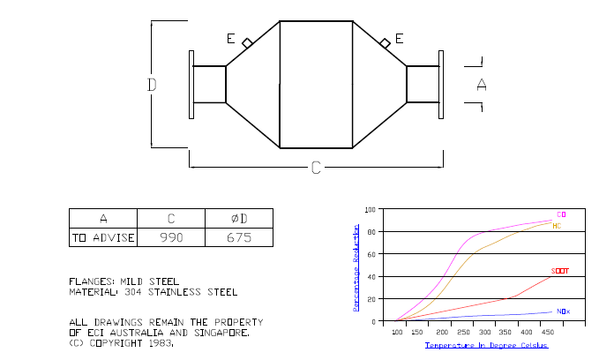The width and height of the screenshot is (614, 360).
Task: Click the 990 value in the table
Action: (171, 237)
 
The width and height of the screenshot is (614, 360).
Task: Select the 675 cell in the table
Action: (239, 237)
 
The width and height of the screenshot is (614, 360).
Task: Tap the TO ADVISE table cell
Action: (103, 237)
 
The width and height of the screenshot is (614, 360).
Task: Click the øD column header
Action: (239, 218)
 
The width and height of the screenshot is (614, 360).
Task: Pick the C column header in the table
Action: (171, 218)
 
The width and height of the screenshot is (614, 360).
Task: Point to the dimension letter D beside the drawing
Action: (152, 85)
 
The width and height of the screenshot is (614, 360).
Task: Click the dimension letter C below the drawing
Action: (316, 168)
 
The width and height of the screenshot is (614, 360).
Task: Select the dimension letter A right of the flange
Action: (482, 85)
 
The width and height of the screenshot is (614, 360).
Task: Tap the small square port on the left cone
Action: (247, 43)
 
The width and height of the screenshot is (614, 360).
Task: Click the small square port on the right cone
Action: (386, 43)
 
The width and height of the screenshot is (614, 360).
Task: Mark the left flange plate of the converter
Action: (191, 85)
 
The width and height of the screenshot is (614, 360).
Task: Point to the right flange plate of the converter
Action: (441, 85)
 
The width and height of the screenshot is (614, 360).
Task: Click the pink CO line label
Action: (561, 214)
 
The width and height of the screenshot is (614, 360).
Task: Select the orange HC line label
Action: (557, 226)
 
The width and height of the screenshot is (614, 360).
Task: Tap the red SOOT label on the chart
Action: (560, 271)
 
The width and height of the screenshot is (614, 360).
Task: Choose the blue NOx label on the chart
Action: (563, 311)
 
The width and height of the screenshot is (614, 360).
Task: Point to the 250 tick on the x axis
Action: (463, 332)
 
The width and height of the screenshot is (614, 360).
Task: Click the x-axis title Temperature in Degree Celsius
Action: (486, 345)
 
